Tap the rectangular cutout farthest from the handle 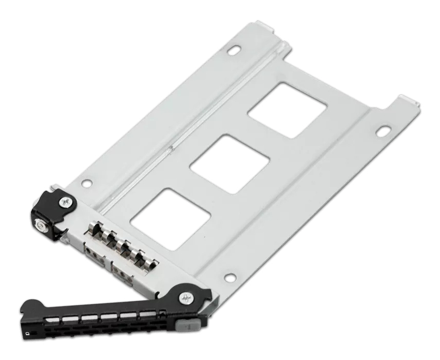point(287,110)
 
